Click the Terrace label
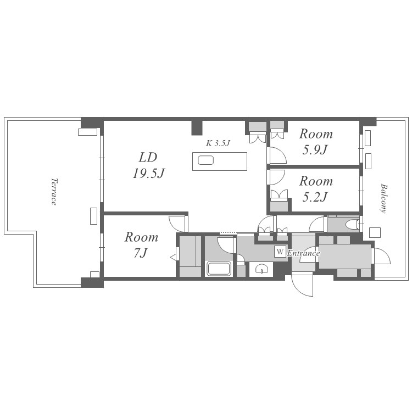pos(54,191)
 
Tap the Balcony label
pos(384,198)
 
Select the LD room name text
pos(148,158)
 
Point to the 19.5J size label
pos(149,174)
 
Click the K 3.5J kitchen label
pos(218,143)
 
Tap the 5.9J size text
pos(315,150)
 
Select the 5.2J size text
pos(315,197)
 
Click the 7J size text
pos(141,253)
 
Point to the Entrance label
pos(303,253)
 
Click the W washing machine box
pos(280,252)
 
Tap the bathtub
pos(219,268)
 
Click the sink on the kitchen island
pos(206,160)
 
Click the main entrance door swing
pos(303,285)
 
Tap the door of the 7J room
pos(179,224)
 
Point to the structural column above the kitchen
pos(197,127)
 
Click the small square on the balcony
pos(375,232)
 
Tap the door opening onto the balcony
pos(381,255)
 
